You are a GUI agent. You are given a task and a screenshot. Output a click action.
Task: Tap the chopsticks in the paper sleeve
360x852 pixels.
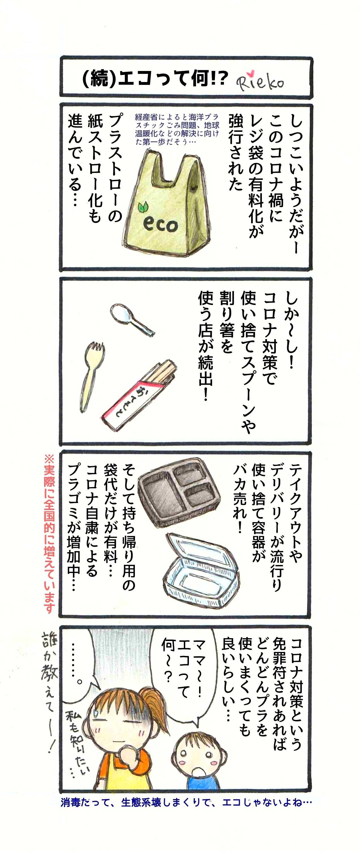click(139, 390)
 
